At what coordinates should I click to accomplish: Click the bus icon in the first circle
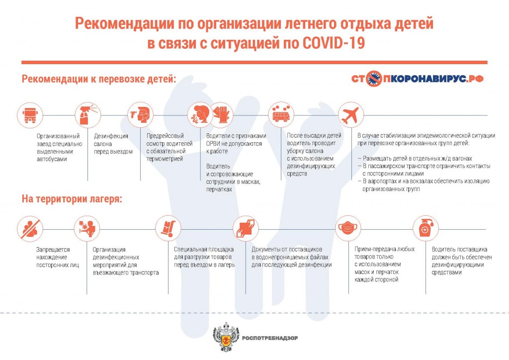click(27, 116)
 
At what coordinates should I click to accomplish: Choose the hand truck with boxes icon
click(166, 228)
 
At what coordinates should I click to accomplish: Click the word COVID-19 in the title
click(334, 43)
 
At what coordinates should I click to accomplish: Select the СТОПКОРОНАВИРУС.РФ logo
click(417, 79)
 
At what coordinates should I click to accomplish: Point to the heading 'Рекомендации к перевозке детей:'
click(99, 79)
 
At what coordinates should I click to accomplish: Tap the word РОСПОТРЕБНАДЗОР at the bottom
click(269, 339)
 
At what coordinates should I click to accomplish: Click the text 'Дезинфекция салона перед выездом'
click(113, 144)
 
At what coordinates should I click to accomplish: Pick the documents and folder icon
click(246, 228)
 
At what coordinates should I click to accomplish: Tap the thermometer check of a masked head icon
click(139, 116)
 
